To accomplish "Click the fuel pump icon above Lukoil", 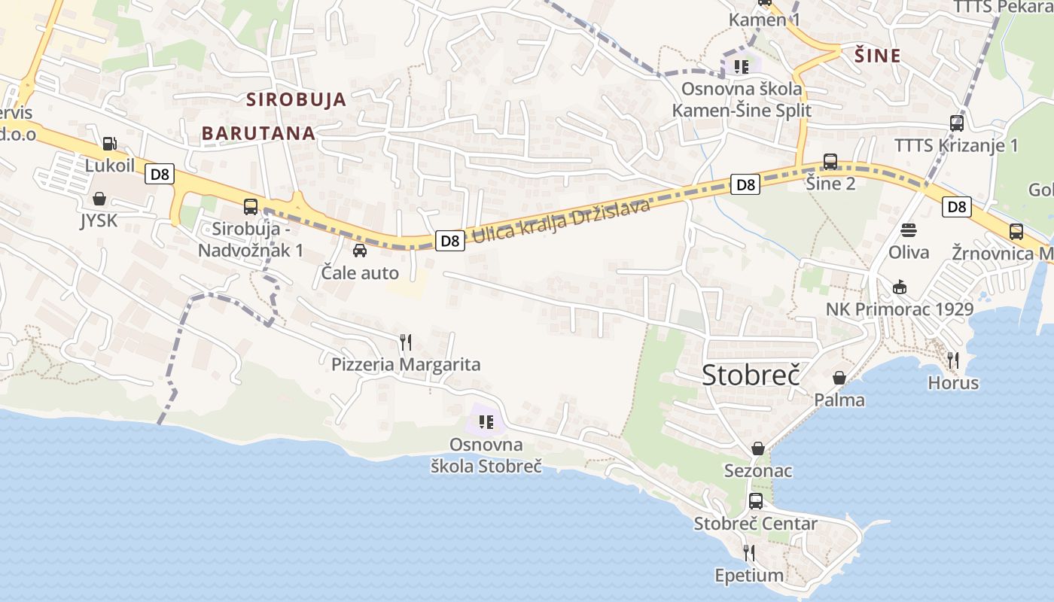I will pos(109,143).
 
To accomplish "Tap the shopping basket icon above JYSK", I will pos(99,199).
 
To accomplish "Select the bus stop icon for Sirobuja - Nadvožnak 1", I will pos(251,206).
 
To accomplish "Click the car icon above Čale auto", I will pos(360,250).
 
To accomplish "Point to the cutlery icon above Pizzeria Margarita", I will pos(406,342).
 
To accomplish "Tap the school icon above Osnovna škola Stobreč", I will pos(486,422).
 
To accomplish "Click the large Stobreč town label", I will pos(750,375).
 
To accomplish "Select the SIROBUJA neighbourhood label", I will pos(297,99).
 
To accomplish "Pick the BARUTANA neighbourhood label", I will pos(258,133).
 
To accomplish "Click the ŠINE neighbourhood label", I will pos(878,56).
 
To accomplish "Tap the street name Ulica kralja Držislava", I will pos(560,221).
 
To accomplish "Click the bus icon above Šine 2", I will pos(830,161).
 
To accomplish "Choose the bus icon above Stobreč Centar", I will pos(756,501).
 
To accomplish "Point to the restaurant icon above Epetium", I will pos(749,553).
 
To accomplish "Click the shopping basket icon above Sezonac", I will pos(758,448).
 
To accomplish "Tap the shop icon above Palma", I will pos(839,378).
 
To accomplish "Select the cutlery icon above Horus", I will pos(953,360).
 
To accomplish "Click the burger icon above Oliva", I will pos(909,230).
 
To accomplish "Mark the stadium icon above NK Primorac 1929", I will pos(900,287).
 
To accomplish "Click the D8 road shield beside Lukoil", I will pos(160,175).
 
